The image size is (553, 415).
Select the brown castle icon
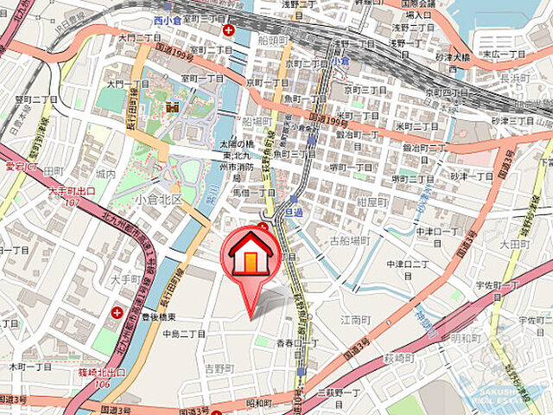(171, 106)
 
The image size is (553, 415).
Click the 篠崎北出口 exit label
(100, 373)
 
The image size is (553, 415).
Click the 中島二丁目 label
(183, 334)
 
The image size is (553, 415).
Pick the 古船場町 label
(349, 240)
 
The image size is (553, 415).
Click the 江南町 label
(356, 319)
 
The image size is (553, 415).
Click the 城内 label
(105, 174)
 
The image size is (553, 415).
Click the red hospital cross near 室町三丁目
(228, 31)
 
